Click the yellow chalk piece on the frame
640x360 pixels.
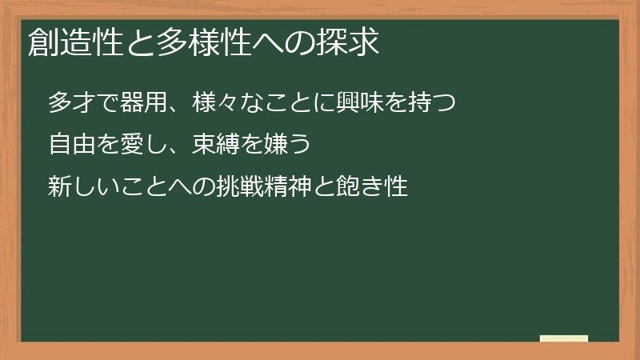[564, 338]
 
